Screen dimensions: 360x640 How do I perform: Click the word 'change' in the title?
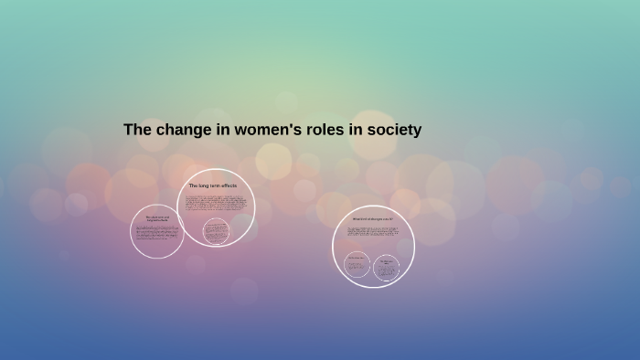tap(181, 130)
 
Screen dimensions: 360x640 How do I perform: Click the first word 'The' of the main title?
tap(136, 130)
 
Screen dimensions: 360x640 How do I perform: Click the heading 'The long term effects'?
tap(212, 185)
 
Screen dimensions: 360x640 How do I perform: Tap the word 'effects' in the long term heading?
tap(228, 185)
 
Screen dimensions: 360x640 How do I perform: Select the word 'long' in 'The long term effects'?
tap(202, 185)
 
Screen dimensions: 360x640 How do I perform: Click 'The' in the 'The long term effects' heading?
tap(193, 185)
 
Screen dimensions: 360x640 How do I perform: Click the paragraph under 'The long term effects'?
tap(215, 202)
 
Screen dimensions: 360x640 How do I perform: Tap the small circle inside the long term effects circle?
tap(215, 231)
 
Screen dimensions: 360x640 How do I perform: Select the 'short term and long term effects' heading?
tap(157, 218)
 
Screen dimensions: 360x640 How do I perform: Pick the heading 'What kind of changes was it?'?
tap(373, 219)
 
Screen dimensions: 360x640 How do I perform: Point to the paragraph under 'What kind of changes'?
tap(373, 234)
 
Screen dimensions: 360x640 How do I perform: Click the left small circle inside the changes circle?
tap(357, 265)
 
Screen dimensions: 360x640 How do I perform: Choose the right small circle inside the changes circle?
tap(387, 267)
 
